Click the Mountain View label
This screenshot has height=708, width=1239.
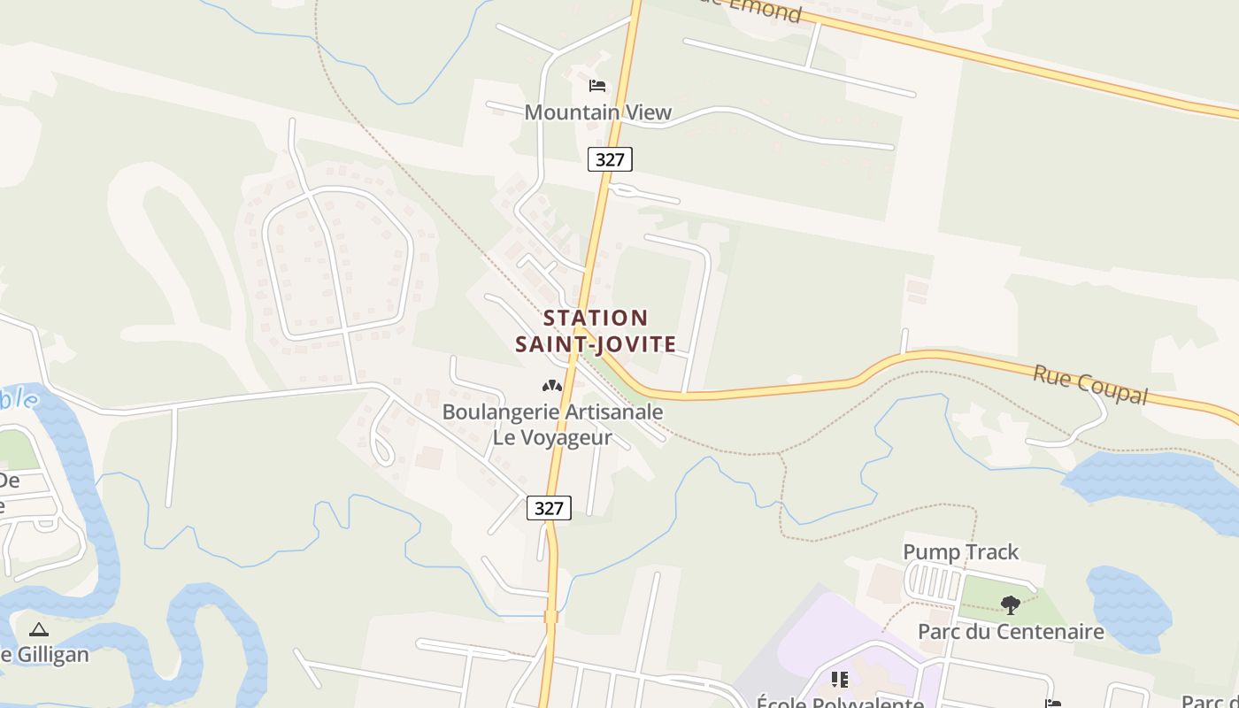[x=598, y=112]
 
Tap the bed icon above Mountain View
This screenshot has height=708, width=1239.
[x=597, y=86]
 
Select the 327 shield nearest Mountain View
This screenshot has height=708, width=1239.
[x=610, y=159]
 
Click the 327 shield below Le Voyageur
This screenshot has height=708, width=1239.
[x=549, y=508]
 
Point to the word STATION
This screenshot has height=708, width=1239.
[x=596, y=318]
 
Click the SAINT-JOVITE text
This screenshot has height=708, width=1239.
[x=596, y=344]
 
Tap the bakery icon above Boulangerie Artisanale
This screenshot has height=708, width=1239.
[x=552, y=386]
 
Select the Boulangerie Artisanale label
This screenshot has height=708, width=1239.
[x=552, y=412]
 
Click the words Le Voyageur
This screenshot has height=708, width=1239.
[x=552, y=437]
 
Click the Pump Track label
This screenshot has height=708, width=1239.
[x=960, y=552]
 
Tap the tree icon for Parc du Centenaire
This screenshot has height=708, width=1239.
[x=1010, y=605]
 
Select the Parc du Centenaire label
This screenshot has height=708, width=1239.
[x=1011, y=631]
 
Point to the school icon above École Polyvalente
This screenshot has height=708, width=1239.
[x=840, y=680]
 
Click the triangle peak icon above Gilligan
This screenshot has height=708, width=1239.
[x=38, y=630]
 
